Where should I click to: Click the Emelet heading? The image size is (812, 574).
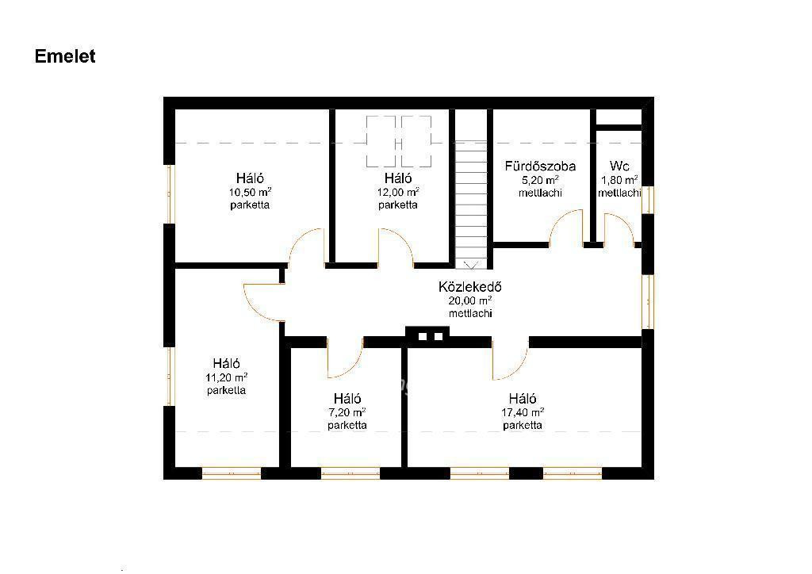click(x=65, y=56)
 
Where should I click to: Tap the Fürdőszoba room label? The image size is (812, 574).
click(x=540, y=166)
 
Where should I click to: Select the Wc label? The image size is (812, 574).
click(x=619, y=166)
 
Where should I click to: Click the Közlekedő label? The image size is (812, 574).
click(x=469, y=287)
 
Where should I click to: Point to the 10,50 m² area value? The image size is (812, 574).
click(x=250, y=192)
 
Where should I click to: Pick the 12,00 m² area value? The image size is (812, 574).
click(x=398, y=192)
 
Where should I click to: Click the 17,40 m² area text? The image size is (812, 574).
click(x=523, y=412)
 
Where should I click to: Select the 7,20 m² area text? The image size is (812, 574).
click(x=347, y=412)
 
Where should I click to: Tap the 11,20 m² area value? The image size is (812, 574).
click(x=226, y=377)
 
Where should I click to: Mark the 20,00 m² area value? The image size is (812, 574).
click(x=470, y=300)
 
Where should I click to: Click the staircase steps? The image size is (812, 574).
click(x=471, y=205)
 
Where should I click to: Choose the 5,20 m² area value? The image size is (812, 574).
click(x=540, y=180)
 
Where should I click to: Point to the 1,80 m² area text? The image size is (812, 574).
click(x=619, y=180)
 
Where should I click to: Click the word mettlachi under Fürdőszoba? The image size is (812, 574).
click(x=540, y=193)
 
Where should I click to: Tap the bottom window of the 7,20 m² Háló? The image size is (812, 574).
click(x=350, y=473)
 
